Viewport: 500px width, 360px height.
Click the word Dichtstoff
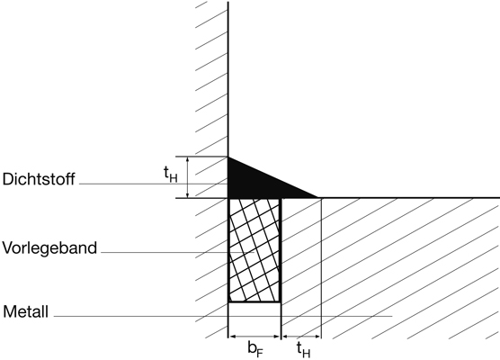click(x=39, y=179)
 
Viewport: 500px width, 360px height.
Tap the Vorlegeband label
click(x=49, y=248)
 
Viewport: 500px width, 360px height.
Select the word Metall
click(x=26, y=311)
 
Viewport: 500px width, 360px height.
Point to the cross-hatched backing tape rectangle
click(x=254, y=250)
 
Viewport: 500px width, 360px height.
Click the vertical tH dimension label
click(x=170, y=175)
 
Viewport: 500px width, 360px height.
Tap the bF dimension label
click(x=255, y=349)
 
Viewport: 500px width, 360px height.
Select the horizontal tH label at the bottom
click(x=303, y=350)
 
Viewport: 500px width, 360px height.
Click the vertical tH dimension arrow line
click(x=187, y=177)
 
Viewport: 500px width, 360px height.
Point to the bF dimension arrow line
click(x=254, y=337)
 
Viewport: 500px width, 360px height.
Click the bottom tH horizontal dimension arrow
click(x=301, y=337)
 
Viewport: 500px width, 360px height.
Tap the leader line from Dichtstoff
click(x=154, y=184)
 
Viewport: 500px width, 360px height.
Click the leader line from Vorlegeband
click(x=178, y=252)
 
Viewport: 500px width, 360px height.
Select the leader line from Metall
click(x=223, y=316)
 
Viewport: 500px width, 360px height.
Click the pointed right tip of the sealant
click(x=318, y=198)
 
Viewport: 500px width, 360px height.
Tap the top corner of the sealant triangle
click(x=228, y=157)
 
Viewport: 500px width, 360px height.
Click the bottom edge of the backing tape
click(x=254, y=301)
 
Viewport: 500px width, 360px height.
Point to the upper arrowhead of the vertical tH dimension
click(x=187, y=159)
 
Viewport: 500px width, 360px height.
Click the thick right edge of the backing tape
click(x=281, y=250)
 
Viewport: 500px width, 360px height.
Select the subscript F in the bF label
click(x=260, y=353)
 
